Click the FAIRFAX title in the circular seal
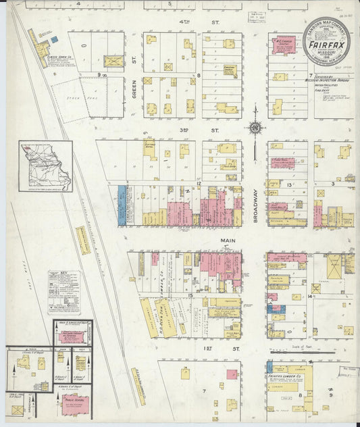pos(326,49)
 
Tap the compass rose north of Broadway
pos(255,127)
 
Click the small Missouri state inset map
pos(45,166)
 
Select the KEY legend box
pos(63,292)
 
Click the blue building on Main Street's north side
pos(122,205)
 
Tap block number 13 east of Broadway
pos(288,184)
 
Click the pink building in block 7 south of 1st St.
pos(232,374)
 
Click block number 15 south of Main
pos(191,295)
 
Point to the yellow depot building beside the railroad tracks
pos(82,241)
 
